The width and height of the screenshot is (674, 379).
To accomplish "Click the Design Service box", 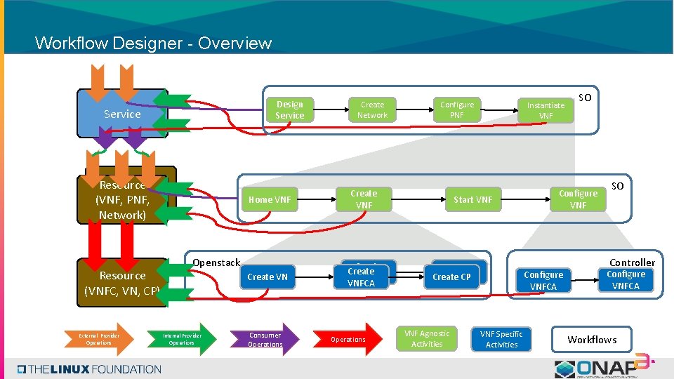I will tap(289, 110).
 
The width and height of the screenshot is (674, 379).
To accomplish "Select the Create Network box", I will tap(372, 110).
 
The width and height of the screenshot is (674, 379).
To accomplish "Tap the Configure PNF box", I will tap(456, 110).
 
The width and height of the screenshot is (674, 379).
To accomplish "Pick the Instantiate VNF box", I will tap(546, 110).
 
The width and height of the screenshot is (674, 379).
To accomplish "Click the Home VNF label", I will tap(269, 200).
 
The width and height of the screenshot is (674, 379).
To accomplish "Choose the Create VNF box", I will tap(364, 199).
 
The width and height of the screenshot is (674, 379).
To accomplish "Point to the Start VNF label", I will tap(473, 200).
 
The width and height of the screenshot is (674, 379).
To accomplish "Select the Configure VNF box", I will tap(578, 199).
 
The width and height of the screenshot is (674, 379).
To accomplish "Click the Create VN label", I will tap(267, 277).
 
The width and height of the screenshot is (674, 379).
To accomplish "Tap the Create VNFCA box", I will tap(361, 277).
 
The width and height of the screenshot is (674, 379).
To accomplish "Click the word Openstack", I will tap(216, 262).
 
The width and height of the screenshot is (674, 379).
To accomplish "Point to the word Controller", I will tap(632, 262).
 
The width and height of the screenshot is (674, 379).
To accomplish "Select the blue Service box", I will tap(122, 114).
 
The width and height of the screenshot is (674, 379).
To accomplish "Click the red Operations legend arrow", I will tap(349, 340).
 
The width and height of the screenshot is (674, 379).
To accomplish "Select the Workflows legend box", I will tap(592, 340).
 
